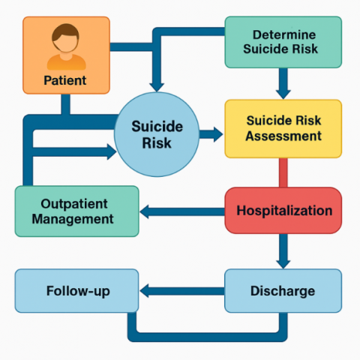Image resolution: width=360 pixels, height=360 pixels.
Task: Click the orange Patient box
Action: click(x=66, y=55)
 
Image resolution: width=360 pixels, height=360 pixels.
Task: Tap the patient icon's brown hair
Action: click(x=65, y=31)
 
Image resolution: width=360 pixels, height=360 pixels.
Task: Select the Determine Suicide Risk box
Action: click(x=283, y=42)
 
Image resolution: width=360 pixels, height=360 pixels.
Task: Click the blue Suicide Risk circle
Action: click(x=157, y=134)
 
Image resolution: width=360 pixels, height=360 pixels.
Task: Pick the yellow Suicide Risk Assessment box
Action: click(x=283, y=129)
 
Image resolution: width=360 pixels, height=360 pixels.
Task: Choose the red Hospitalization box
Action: click(x=283, y=211)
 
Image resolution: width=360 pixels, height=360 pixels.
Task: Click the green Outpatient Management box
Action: click(x=76, y=211)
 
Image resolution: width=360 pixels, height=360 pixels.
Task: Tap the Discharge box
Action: click(x=283, y=291)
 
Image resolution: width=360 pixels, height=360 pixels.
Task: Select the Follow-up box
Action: click(x=76, y=291)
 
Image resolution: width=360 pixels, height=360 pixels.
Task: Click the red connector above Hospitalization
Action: click(x=283, y=172)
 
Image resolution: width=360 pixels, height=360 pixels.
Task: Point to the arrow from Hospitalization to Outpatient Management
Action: click(x=182, y=211)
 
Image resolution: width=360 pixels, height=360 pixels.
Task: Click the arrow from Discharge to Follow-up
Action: click(x=182, y=291)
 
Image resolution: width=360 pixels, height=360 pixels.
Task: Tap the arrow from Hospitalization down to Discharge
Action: click(x=283, y=251)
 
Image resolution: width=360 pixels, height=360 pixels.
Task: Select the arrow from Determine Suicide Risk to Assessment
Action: click(x=283, y=83)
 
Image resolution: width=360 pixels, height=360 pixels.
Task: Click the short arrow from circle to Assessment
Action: click(x=211, y=134)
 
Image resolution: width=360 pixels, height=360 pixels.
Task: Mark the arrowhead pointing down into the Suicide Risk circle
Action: click(x=157, y=88)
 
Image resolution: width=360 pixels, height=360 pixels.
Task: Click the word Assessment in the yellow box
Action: click(x=283, y=136)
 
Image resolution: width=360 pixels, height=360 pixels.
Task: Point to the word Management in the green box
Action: click(x=73, y=220)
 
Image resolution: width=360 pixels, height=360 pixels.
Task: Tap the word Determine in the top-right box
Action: click(x=284, y=34)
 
